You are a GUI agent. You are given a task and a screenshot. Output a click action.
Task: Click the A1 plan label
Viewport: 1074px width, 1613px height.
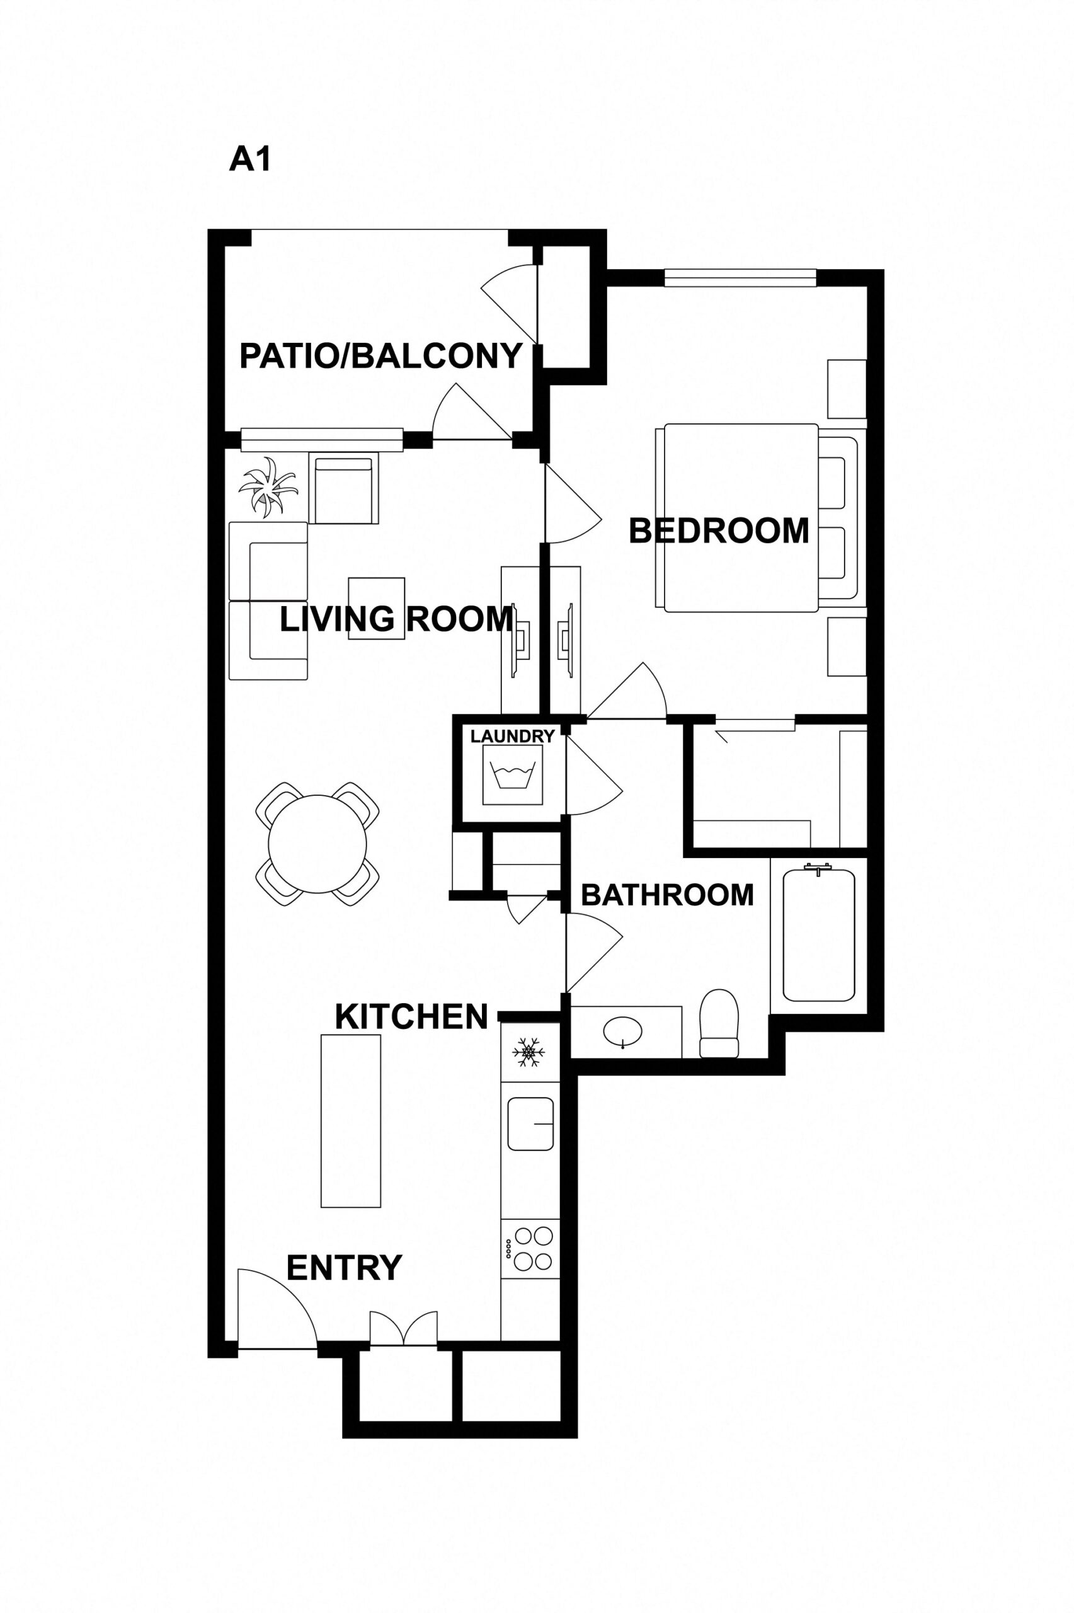pyautogui.click(x=250, y=159)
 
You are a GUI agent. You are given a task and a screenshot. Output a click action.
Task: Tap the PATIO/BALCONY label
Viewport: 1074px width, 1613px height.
pyautogui.click(x=381, y=356)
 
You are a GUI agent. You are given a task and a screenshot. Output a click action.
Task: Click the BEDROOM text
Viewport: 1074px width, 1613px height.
pyautogui.click(x=719, y=531)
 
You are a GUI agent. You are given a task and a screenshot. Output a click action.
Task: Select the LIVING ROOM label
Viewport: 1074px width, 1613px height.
pyautogui.click(x=396, y=619)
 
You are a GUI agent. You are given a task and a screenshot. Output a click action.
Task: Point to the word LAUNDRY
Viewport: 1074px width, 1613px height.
pyautogui.click(x=512, y=737)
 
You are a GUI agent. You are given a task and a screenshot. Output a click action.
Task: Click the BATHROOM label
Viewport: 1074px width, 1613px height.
pyautogui.click(x=667, y=895)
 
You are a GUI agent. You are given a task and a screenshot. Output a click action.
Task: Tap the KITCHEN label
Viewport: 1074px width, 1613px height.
pyautogui.click(x=411, y=1017)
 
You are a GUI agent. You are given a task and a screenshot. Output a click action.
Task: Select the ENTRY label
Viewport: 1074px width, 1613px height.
pyautogui.click(x=344, y=1268)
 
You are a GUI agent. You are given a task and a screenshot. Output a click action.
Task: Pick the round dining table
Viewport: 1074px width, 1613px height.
pyautogui.click(x=317, y=844)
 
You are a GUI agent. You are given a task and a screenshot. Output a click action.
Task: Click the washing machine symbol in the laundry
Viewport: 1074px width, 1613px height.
pyautogui.click(x=512, y=774)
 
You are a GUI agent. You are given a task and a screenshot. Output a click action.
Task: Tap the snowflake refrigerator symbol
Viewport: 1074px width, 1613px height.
pyautogui.click(x=528, y=1052)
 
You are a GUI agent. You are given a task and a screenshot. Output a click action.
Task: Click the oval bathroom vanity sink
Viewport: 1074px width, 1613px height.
pyautogui.click(x=622, y=1030)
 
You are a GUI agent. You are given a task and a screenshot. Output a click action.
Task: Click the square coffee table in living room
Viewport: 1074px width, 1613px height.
pyautogui.click(x=376, y=609)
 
